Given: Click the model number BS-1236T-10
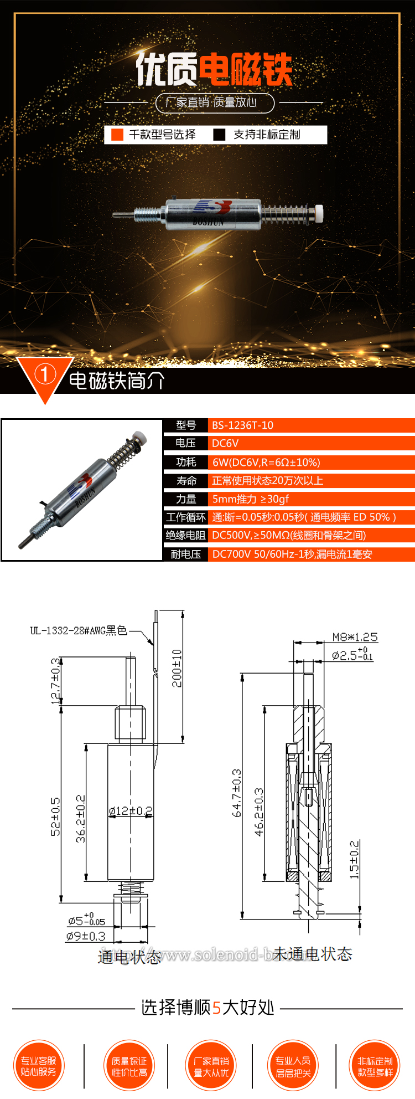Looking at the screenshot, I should point(242,425).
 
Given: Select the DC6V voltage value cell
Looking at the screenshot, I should point(225,443).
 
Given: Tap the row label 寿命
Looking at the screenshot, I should point(186,480).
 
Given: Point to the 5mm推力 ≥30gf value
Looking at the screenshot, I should point(251,499).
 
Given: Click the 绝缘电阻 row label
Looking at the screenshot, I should point(185,535).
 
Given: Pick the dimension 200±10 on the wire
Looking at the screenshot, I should point(177,668).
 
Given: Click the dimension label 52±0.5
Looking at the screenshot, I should point(56,816).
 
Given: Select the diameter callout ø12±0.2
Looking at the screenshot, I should point(131,811).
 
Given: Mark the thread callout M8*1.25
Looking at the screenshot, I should point(355,637).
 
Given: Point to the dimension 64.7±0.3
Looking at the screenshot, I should point(237,793).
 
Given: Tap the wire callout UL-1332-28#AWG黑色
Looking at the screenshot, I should point(79,630).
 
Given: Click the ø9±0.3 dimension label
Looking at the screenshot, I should point(86,936).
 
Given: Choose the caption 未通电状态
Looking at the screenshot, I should point(313,954).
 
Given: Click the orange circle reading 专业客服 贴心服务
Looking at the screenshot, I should point(39,1066).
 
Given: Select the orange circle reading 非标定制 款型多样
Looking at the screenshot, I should point(375,1066).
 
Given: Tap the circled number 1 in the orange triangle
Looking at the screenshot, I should point(44,374).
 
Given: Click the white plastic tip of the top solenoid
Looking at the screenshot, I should point(319,212).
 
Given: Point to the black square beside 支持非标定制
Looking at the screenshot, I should point(220,135).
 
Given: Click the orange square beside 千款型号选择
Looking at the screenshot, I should point(117,135).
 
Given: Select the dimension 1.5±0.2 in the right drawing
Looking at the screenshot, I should point(355,860).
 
